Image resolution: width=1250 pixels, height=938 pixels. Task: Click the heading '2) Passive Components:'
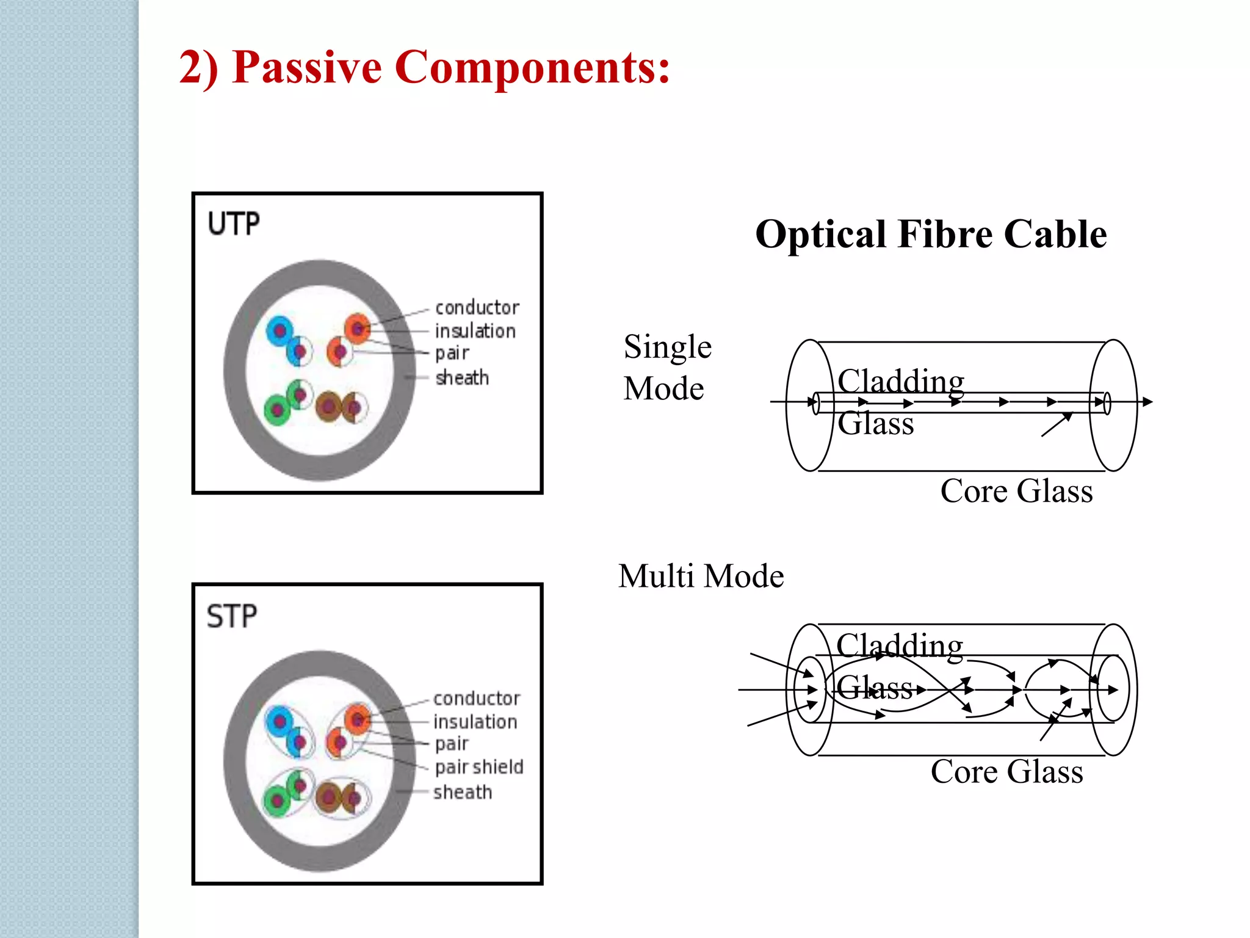click(424, 67)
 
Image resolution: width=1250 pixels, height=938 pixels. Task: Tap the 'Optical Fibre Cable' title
click(931, 234)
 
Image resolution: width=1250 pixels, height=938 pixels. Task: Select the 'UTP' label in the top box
click(234, 224)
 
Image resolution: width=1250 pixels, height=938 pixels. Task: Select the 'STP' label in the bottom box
click(232, 616)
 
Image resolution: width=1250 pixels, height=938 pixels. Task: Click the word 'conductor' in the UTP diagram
click(477, 307)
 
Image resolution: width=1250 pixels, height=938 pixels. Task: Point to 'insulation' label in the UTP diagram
click(475, 331)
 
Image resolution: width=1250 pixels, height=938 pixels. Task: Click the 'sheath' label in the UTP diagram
click(462, 378)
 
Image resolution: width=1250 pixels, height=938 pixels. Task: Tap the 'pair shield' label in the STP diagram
click(479, 767)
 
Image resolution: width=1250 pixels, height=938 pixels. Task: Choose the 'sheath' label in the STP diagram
click(463, 793)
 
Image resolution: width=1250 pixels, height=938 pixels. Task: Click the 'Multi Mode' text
click(701, 576)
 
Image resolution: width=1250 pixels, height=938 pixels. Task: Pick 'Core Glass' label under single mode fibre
click(1016, 491)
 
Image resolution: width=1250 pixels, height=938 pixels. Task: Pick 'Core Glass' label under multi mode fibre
click(1007, 772)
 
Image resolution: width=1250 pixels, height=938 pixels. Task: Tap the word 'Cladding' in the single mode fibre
click(901, 382)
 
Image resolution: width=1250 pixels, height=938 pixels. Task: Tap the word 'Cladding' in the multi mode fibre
click(900, 646)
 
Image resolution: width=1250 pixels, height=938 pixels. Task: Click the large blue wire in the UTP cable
click(280, 331)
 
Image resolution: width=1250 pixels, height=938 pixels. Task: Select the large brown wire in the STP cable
click(328, 797)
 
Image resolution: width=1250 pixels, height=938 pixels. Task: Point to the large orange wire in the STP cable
click(358, 720)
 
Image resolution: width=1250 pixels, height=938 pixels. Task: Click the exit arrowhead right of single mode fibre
click(1147, 402)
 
